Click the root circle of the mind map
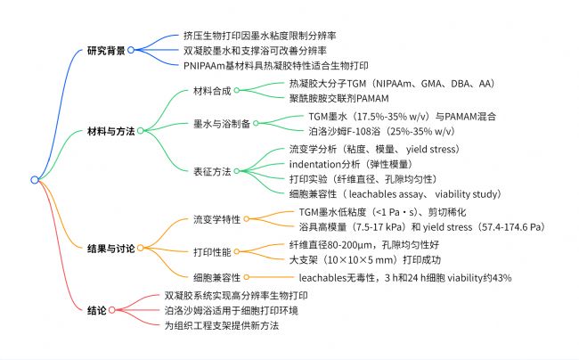point(35,180)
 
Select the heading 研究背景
point(106,51)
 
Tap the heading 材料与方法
point(110,131)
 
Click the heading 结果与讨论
point(110,249)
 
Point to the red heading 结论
point(97,310)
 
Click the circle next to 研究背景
point(131,50)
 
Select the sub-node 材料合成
point(212,91)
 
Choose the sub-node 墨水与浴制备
point(222,124)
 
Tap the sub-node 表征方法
point(212,171)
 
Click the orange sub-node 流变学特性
point(216,219)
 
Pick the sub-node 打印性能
point(212,252)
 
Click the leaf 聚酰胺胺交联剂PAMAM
point(339,99)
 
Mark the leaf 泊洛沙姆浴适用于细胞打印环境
point(232,310)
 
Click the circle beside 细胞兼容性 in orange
point(246,277)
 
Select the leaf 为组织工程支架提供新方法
point(222,325)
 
